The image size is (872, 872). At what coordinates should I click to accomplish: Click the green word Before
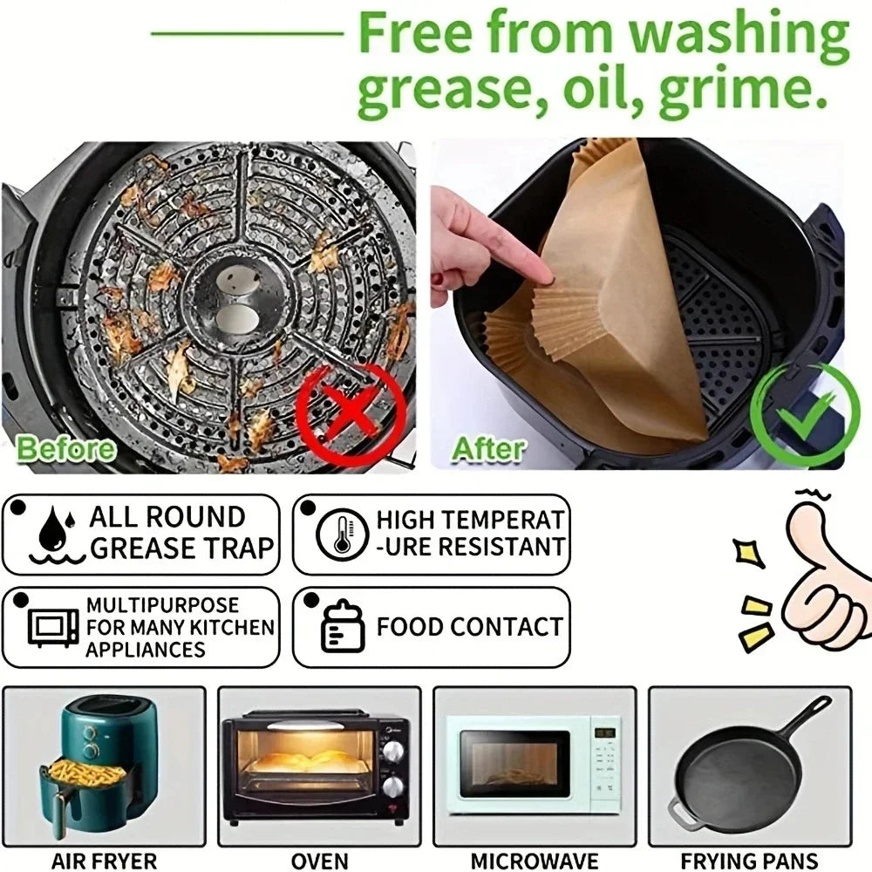(66, 449)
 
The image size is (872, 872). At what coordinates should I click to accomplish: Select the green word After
(488, 449)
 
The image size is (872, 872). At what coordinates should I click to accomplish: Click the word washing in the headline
(739, 35)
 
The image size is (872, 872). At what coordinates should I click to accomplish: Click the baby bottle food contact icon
(340, 627)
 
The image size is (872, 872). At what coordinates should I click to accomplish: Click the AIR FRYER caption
(105, 860)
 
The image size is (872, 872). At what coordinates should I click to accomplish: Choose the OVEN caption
(319, 860)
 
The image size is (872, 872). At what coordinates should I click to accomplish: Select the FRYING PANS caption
(749, 860)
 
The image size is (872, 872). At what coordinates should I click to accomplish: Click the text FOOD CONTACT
(469, 627)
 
